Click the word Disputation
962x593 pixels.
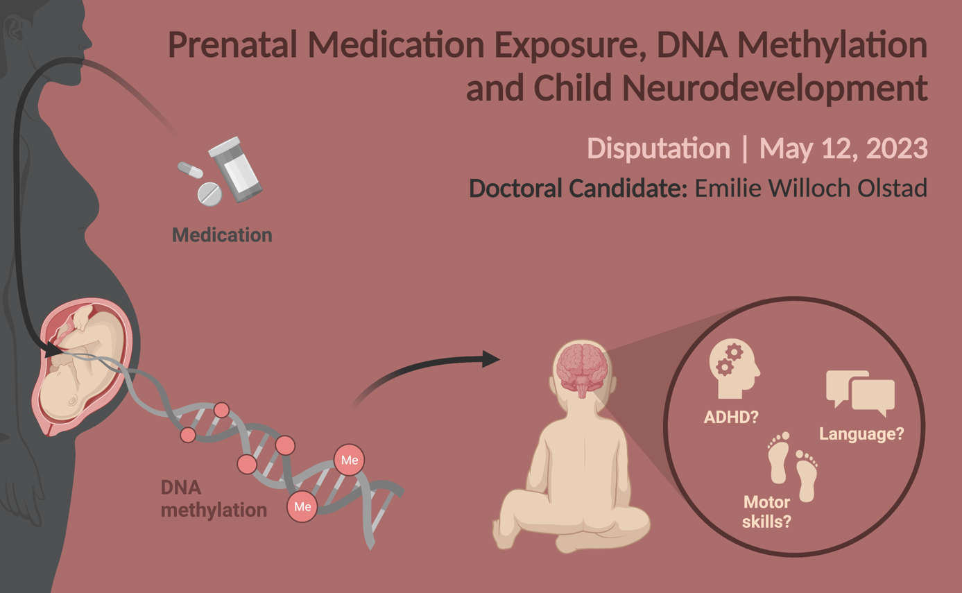658,149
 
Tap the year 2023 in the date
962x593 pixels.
897,148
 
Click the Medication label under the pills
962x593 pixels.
222,235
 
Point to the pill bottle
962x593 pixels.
235,169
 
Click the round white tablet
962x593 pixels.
209,194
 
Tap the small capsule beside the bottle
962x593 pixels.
190,170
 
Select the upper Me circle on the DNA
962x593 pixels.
349,460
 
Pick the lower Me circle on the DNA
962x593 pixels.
302,507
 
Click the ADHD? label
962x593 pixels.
731,417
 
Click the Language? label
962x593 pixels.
861,433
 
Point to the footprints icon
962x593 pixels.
792,466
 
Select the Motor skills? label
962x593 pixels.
766,512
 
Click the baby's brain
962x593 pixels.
583,369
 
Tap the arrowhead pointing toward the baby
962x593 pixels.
490,359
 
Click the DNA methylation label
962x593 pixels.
214,499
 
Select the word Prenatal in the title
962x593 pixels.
232,44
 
